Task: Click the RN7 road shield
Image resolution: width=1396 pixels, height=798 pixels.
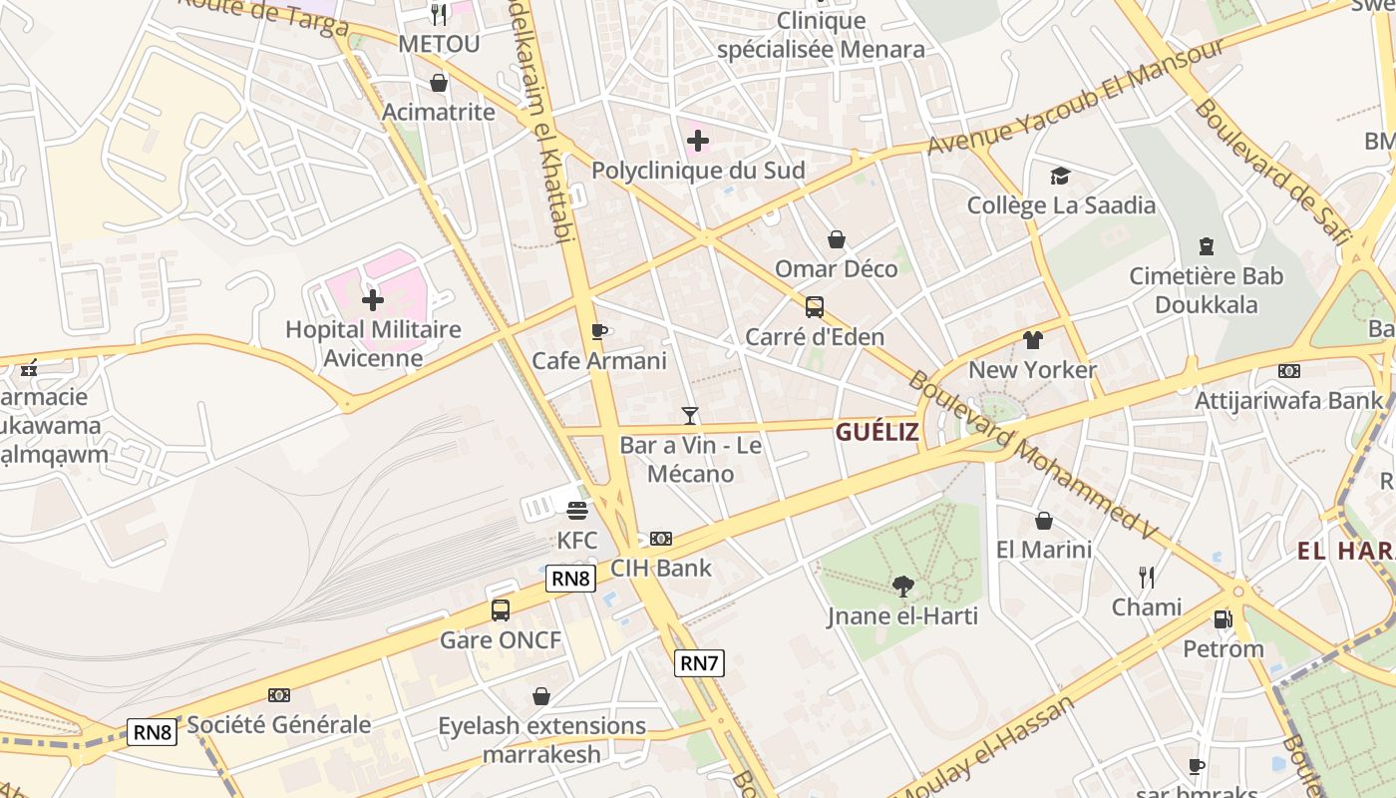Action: pos(699,662)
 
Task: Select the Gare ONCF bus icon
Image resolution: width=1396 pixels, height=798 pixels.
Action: pos(501,609)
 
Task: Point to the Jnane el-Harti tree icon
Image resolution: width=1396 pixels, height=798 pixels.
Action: pos(903,587)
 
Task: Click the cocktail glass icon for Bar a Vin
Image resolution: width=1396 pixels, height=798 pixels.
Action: pos(690,415)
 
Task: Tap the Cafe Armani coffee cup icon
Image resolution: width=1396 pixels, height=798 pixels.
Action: pos(598,331)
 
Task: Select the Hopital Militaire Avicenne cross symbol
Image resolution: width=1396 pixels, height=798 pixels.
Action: pos(373,299)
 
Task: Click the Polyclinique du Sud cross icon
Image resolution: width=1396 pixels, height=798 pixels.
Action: pos(698,141)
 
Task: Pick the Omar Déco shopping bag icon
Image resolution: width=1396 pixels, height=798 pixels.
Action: pos(837,239)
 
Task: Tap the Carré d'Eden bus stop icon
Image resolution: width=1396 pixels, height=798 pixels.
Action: pos(815,307)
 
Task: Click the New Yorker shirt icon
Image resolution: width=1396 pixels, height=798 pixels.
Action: pos(1033,340)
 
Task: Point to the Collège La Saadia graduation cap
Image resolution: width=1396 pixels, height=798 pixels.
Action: pos(1061,177)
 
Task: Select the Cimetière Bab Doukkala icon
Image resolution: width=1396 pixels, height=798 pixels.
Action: pos(1207,246)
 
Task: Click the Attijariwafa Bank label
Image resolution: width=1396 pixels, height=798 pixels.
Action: pos(1289,400)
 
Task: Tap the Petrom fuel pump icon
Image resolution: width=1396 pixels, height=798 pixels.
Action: pos(1222,619)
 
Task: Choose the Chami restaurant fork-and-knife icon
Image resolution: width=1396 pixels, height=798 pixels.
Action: pos(1147,577)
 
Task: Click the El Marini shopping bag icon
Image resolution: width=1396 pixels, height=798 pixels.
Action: pos(1044,521)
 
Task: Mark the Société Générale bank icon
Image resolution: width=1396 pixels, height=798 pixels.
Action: pos(279,695)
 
